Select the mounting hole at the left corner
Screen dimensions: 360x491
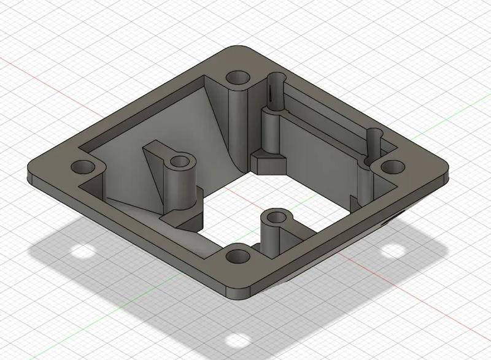point(82,167)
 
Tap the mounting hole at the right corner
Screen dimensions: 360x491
point(390,166)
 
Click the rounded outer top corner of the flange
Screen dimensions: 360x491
point(236,50)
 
